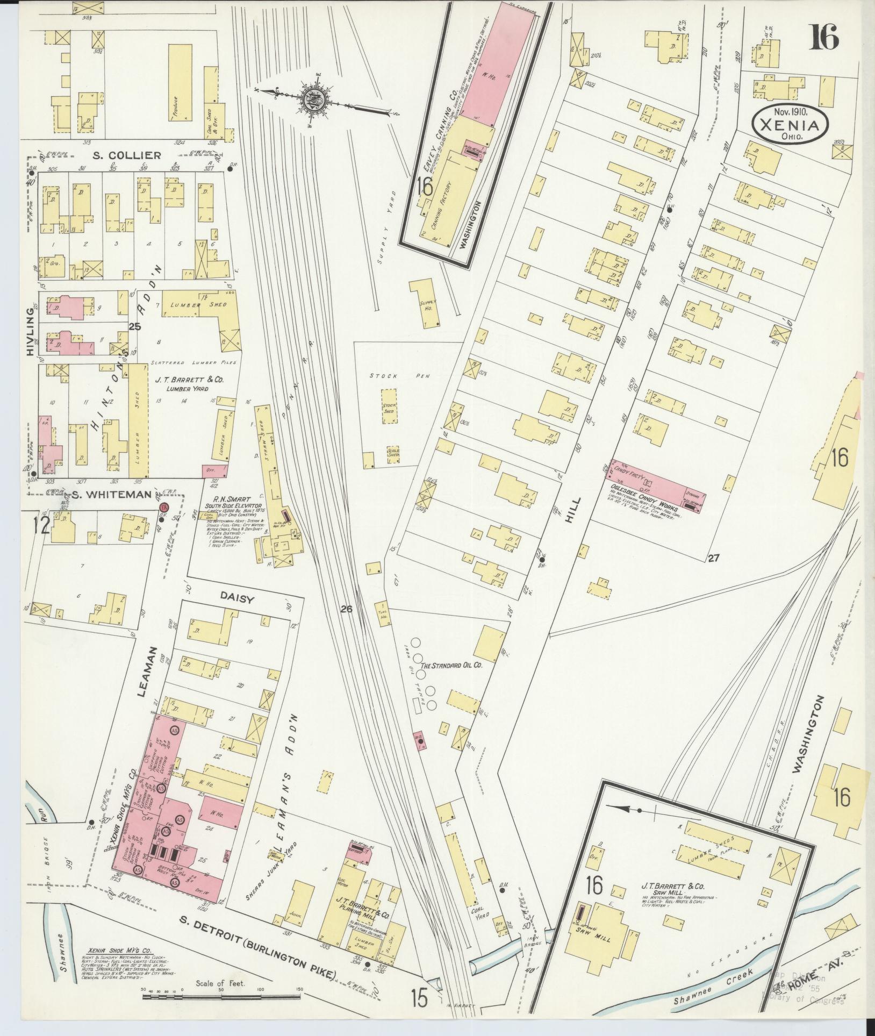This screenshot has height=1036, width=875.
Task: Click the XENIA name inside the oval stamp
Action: point(789,126)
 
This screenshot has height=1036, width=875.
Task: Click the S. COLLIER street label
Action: point(126,155)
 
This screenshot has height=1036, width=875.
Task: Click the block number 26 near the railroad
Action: point(346,609)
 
